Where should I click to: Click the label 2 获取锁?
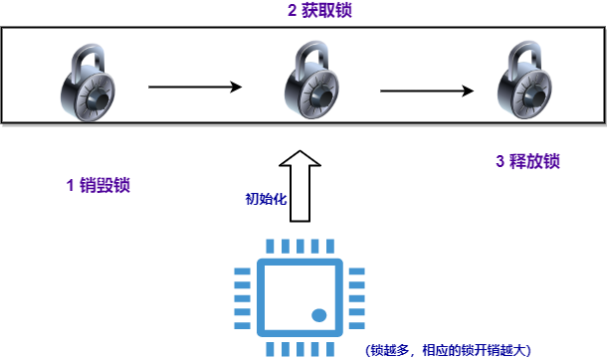[x=319, y=10]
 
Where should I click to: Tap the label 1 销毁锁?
[x=98, y=185]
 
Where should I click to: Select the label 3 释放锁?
[x=527, y=161]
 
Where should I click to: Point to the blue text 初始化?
[x=266, y=199]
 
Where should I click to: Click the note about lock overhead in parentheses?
[x=448, y=350]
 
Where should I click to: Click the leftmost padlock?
[x=89, y=83]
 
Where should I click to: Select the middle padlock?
[x=312, y=80]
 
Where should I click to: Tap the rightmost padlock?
[x=524, y=80]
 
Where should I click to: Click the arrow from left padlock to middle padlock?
[x=195, y=87]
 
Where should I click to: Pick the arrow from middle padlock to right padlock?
[x=427, y=90]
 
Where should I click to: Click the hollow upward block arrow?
[x=300, y=186]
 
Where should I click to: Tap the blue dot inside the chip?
[x=319, y=315]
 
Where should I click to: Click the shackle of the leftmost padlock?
[x=89, y=58]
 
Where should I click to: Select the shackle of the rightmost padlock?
[x=524, y=55]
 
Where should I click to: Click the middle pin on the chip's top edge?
[x=300, y=247]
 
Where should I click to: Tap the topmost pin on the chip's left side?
[x=243, y=271]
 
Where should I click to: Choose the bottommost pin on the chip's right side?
[x=357, y=325]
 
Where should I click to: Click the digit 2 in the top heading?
[x=292, y=10]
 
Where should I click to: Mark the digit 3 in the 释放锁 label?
[x=501, y=161]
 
